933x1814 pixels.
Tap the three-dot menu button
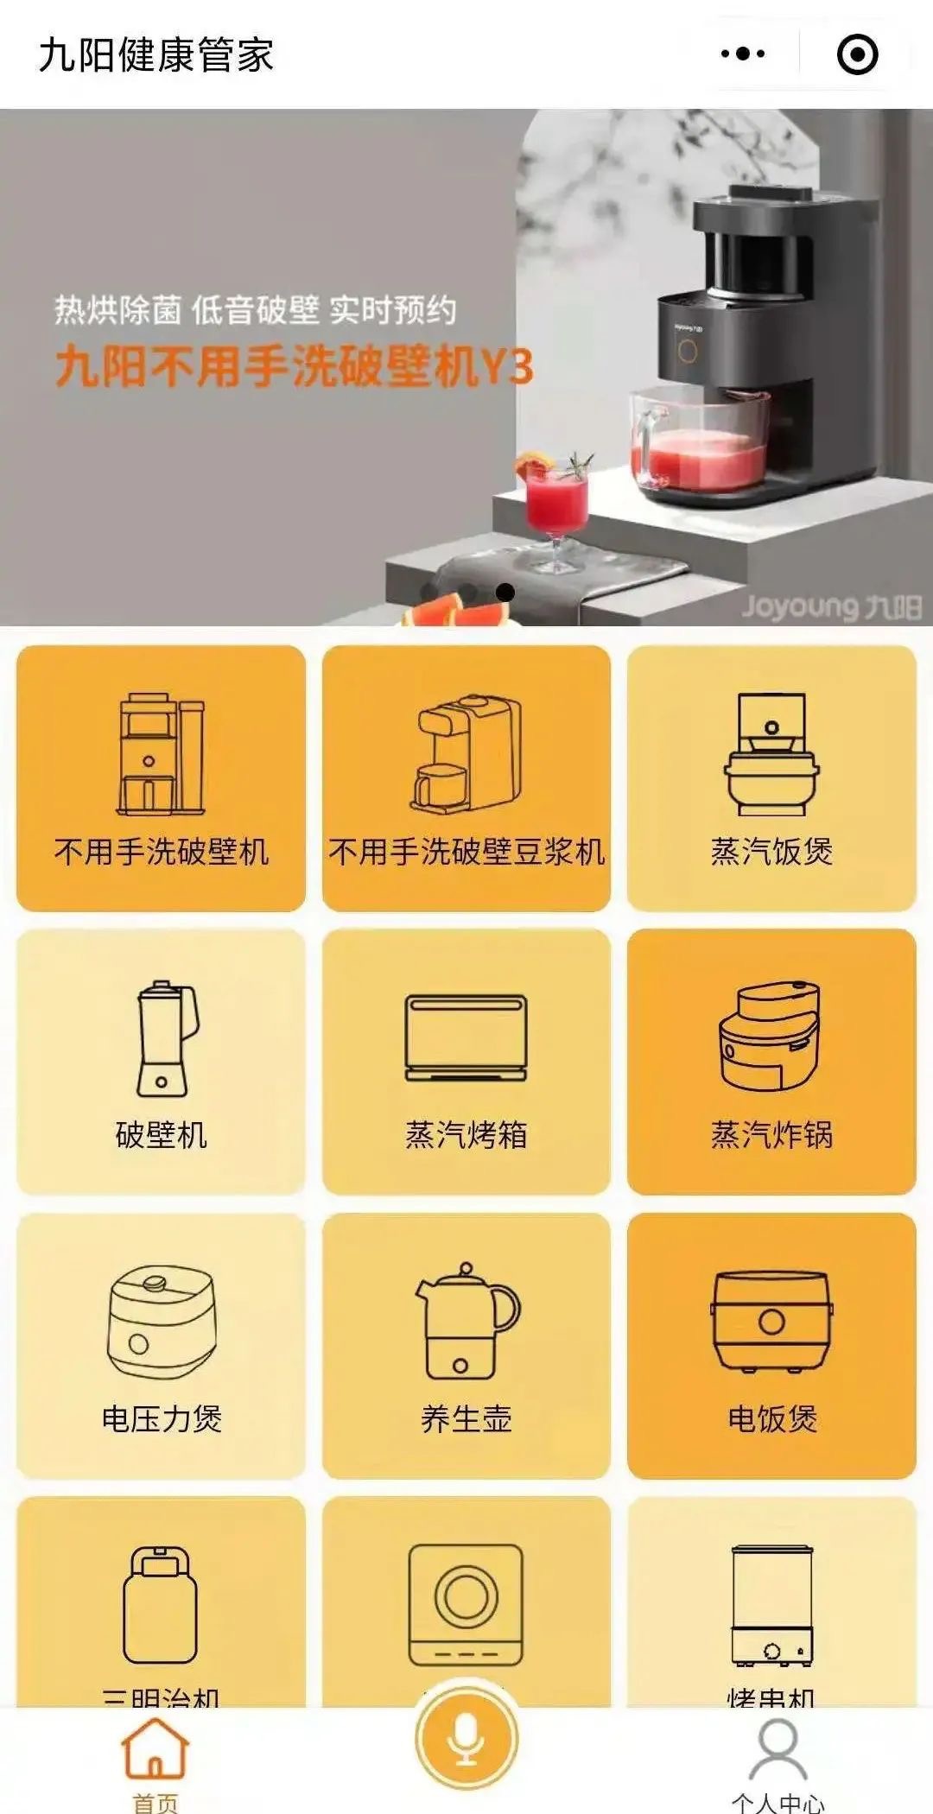743,54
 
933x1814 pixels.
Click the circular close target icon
857,54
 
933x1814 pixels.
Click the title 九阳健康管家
156,55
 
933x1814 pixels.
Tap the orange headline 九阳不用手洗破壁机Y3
294,367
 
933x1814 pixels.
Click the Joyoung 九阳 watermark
831,606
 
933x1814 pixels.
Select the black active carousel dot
506,593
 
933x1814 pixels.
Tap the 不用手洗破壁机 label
162,852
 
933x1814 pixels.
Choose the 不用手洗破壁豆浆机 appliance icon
466,753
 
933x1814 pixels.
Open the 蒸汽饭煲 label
771,852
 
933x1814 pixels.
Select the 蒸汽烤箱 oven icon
466,1038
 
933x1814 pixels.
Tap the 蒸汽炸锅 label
771,1135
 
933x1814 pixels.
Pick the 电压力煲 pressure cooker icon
162,1322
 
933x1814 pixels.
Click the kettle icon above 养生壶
466,1322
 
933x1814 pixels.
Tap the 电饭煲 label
771,1418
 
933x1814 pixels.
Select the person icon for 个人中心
777,1749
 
